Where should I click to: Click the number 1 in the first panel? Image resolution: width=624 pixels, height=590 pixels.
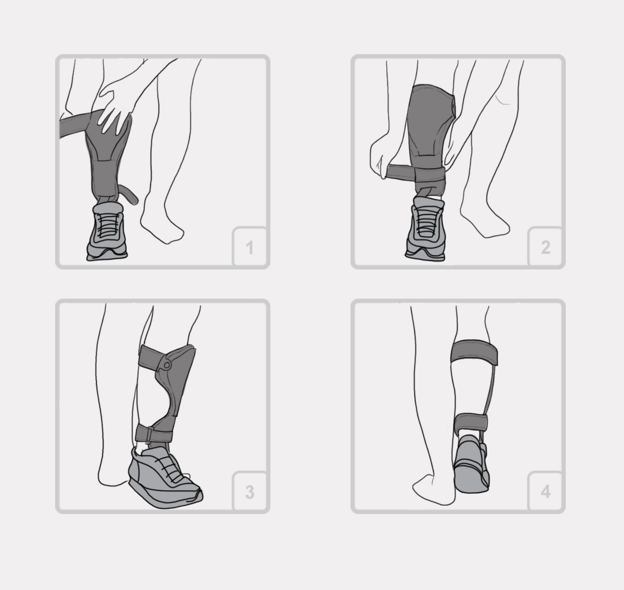tap(250, 248)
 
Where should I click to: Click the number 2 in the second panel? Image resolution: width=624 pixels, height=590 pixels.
tap(546, 247)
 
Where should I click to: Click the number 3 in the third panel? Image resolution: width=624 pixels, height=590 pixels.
tap(250, 492)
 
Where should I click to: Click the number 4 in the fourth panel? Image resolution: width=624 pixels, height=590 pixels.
tap(546, 492)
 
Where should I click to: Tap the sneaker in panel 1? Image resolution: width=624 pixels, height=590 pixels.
tap(107, 232)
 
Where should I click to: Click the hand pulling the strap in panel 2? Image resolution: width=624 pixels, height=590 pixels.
tap(381, 156)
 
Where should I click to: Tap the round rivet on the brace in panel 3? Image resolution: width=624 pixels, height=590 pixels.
tap(167, 365)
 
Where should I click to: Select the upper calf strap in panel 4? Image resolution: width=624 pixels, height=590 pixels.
tap(474, 352)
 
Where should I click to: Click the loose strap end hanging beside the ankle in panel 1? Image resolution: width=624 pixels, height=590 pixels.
tap(129, 194)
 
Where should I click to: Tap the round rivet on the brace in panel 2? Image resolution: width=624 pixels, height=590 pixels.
tap(454, 107)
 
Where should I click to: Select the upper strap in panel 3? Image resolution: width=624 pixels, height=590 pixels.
tap(151, 358)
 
